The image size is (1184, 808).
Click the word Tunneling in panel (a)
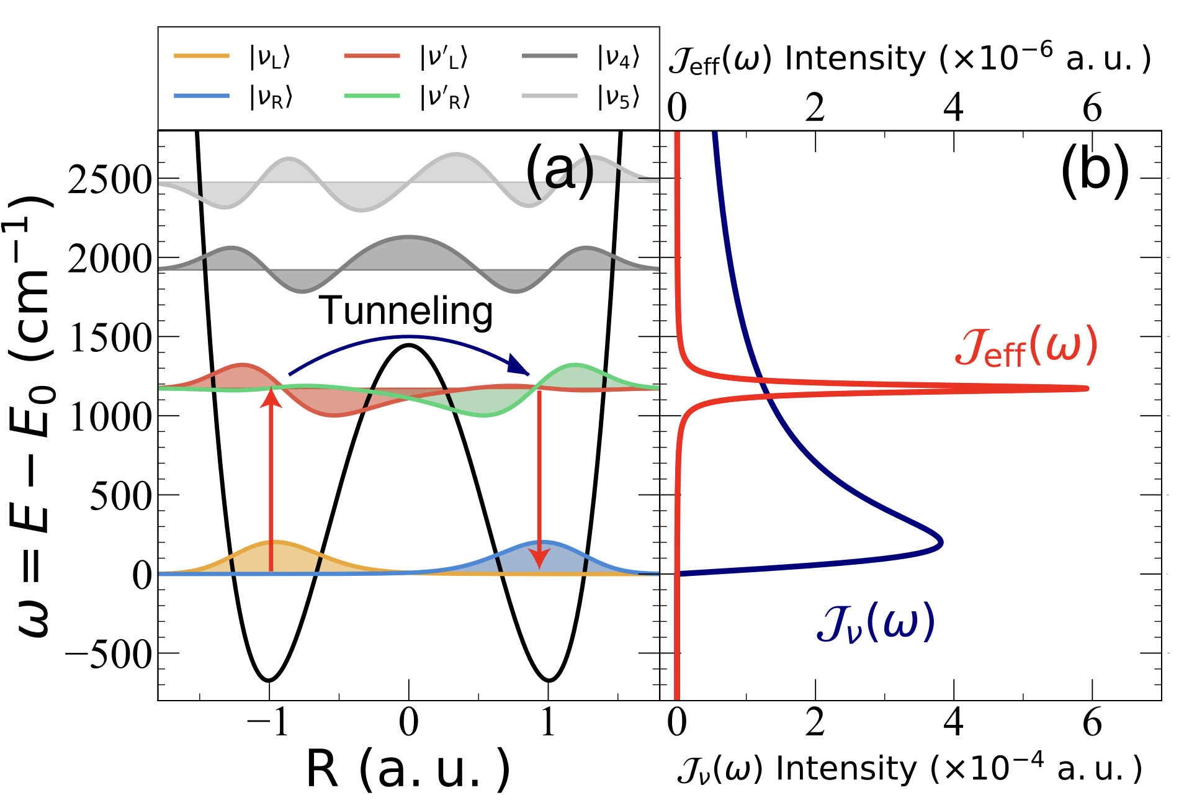pos(406,311)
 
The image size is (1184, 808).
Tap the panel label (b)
pos(1095,170)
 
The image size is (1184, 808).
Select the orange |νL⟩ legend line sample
pos(201,56)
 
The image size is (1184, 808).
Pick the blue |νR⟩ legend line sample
pos(201,96)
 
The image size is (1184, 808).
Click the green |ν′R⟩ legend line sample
pos(372,96)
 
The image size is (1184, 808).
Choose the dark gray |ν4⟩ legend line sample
pos(549,56)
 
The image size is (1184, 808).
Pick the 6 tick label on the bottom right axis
pos(1092,722)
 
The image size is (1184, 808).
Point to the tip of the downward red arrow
pos(539,567)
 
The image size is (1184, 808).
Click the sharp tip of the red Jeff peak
pos(1087,388)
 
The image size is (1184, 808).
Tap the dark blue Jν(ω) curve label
pos(875,623)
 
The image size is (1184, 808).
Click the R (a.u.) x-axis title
pos(408,770)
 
